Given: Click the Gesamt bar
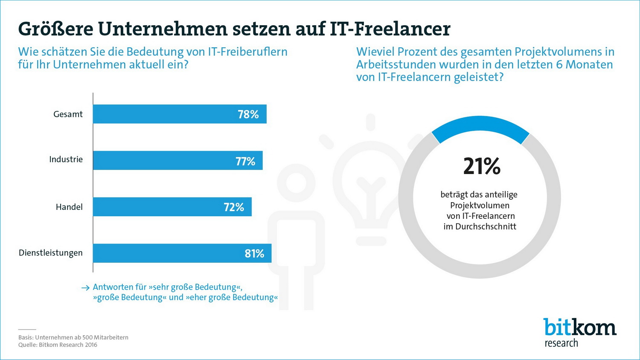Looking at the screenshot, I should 179,114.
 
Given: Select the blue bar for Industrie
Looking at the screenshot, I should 177,160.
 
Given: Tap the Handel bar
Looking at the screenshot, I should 172,207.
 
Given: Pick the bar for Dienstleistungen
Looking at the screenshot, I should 182,253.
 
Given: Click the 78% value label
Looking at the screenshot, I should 248,114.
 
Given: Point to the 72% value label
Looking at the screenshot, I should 234,207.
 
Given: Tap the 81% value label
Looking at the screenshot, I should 254,254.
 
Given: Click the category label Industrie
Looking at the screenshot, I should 66,160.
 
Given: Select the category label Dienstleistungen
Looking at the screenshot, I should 50,253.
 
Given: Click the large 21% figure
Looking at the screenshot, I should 482,166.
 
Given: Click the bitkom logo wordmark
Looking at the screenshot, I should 580,327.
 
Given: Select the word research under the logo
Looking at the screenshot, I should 561,343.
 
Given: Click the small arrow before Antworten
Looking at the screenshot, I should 85,288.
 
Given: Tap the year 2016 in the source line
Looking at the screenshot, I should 91,345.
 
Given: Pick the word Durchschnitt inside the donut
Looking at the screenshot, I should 486,226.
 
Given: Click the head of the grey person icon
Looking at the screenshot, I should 296,183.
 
